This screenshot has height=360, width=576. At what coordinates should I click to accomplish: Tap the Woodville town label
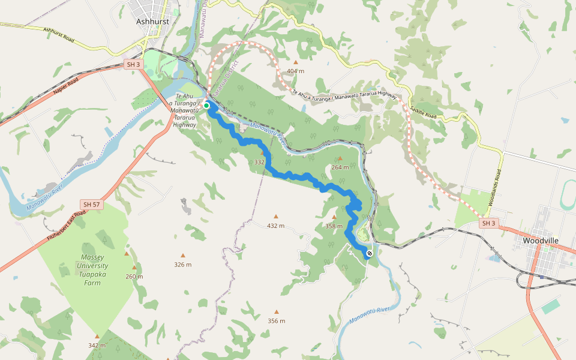click(541, 241)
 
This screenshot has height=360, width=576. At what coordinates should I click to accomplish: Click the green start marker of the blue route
click(206, 106)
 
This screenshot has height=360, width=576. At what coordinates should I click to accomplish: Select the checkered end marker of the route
click(370, 253)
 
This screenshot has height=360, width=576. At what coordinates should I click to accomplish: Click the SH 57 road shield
click(92, 205)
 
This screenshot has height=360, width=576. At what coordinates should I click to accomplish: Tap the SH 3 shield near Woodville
click(488, 223)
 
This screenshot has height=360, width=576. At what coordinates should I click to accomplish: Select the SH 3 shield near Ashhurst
click(133, 64)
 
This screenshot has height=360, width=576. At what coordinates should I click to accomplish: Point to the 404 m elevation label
click(295, 71)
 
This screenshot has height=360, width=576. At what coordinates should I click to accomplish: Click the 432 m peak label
click(275, 226)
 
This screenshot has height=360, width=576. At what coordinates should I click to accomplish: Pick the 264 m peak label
click(340, 167)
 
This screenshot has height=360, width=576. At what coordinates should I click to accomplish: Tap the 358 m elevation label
click(334, 226)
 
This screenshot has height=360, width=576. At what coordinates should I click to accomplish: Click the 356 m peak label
click(276, 320)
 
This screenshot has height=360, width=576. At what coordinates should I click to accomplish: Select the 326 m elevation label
click(182, 265)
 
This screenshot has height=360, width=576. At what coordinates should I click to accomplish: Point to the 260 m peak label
click(134, 276)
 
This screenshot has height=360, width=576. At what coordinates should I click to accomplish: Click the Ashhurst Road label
click(58, 34)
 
